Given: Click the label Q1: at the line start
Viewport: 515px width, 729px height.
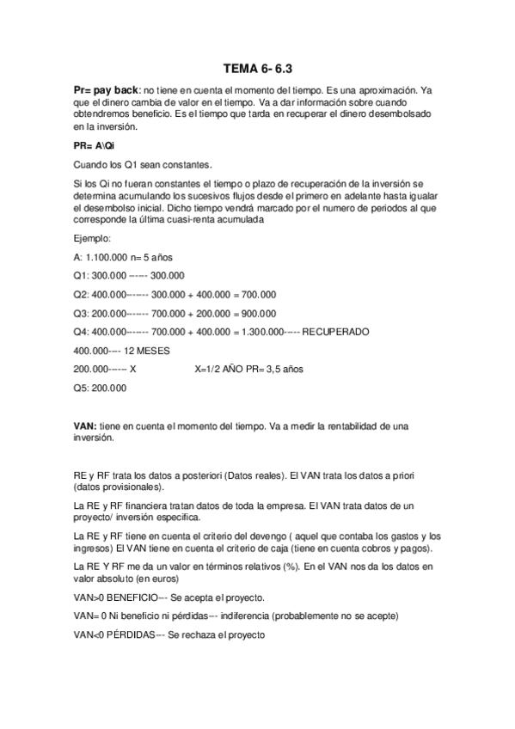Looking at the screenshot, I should click(x=84, y=275).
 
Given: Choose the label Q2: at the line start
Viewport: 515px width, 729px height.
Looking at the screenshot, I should click(x=84, y=294).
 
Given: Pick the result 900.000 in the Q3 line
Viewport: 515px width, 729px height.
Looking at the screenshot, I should click(x=255, y=313).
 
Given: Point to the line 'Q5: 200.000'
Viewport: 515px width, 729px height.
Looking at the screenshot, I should click(x=101, y=388).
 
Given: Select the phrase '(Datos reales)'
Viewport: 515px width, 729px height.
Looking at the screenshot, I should click(x=250, y=475).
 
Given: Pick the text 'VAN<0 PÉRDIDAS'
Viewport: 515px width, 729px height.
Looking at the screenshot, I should click(x=113, y=634).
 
